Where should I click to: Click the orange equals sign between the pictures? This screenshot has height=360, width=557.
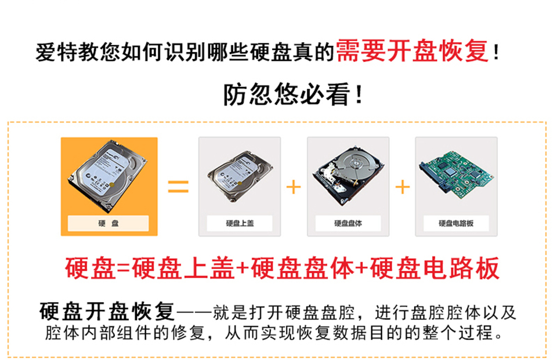pos(178,187)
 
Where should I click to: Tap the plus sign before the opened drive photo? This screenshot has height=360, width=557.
pos(294,187)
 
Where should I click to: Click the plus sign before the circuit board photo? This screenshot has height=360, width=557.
pos(403,187)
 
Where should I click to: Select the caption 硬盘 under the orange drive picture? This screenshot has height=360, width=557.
pos(108,223)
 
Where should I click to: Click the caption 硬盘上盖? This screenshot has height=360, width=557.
pos(240,223)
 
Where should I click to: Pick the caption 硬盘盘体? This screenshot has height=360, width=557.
pos(348,223)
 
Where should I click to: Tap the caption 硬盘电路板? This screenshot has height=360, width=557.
pos(456,223)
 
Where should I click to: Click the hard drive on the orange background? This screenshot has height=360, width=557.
pos(108,176)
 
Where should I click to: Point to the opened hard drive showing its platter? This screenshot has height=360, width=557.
pos(349,175)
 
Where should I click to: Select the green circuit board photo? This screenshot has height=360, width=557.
pos(457,174)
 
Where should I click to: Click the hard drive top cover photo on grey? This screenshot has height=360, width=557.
pos(240,176)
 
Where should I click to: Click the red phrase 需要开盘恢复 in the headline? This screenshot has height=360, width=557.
pos(413,51)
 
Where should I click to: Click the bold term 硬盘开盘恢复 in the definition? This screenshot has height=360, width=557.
pos(107,311)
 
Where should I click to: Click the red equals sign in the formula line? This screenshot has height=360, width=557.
pos(123,269)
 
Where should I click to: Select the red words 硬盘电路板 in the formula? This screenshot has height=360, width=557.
pos(435,268)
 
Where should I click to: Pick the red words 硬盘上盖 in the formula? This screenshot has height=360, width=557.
pos(183,268)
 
